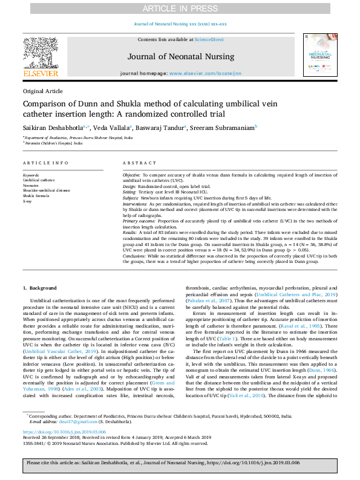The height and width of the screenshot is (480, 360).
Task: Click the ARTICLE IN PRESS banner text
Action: (180, 8)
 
